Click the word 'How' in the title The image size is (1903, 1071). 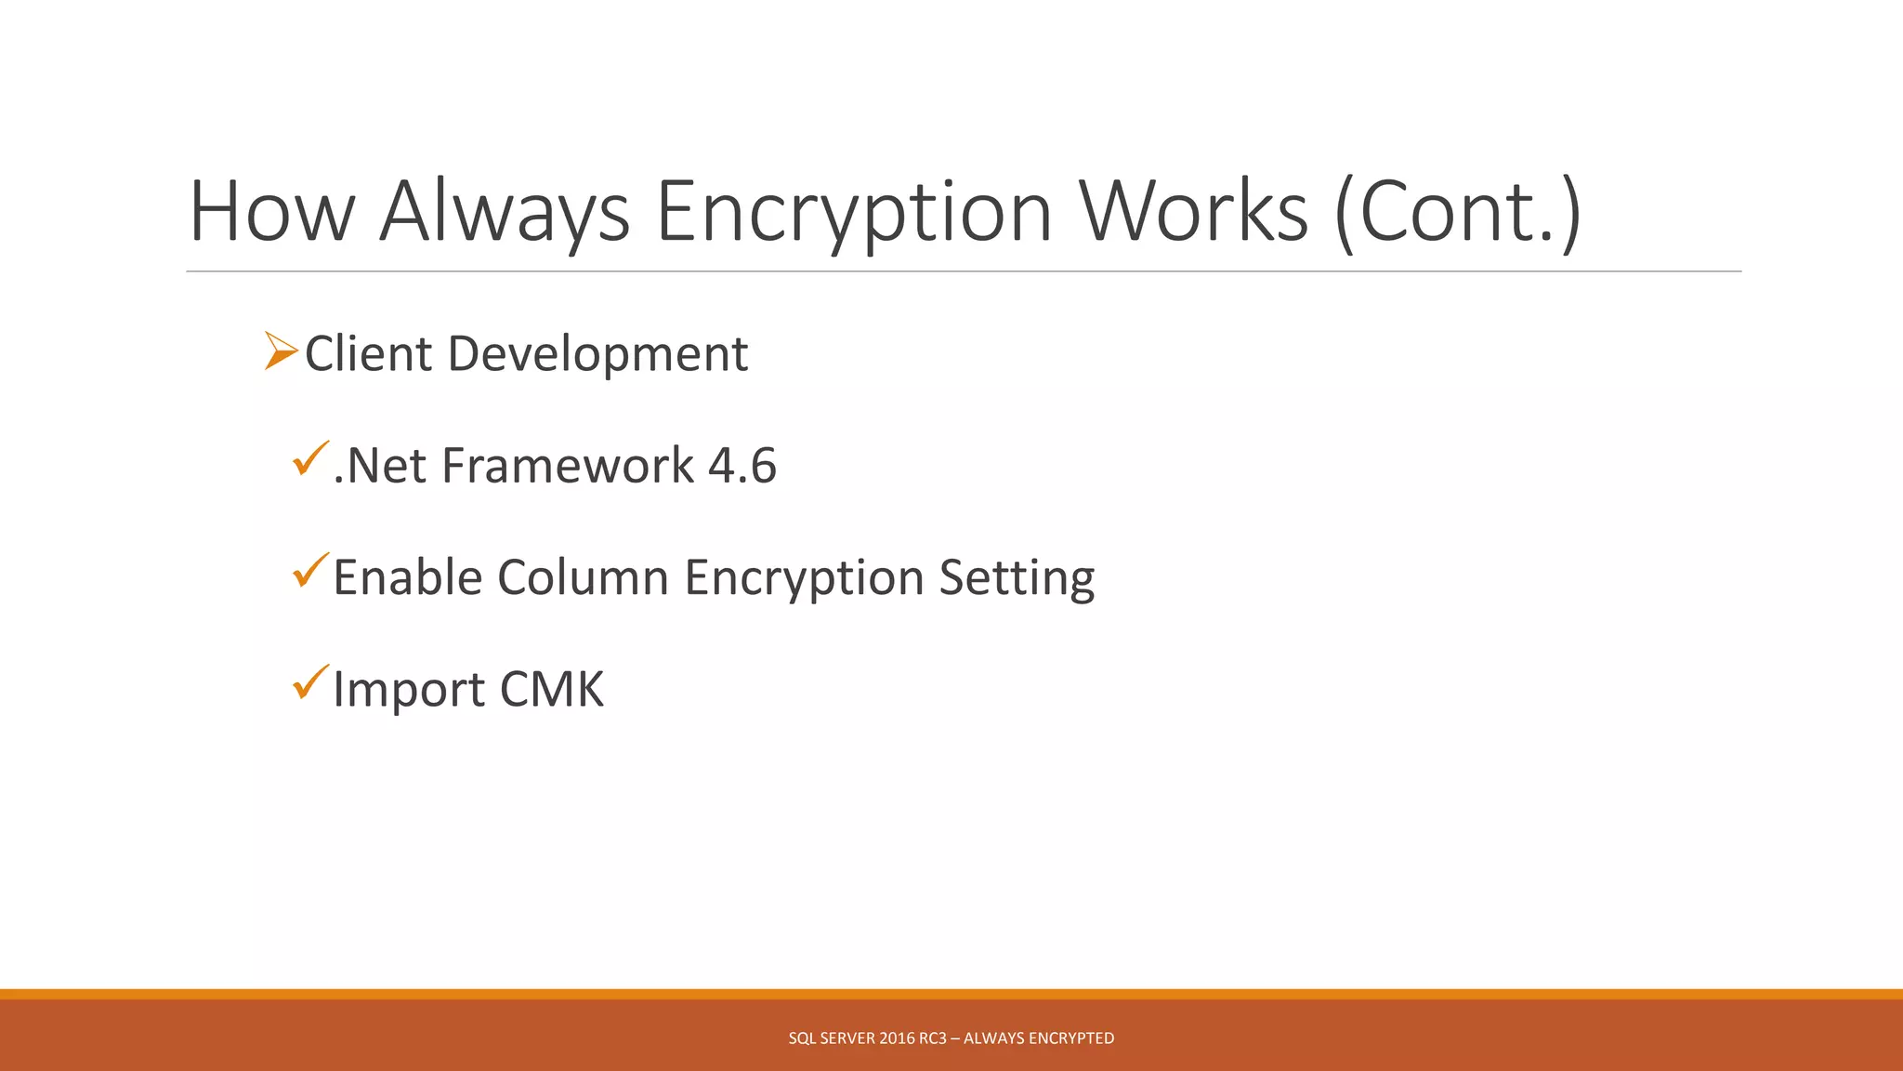tap(271, 212)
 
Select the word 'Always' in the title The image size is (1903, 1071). tap(505, 214)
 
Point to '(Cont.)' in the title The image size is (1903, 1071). tap(1458, 214)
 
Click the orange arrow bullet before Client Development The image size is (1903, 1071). tap(281, 351)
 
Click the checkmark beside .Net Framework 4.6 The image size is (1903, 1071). tap(310, 459)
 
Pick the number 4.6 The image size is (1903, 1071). tap(742, 466)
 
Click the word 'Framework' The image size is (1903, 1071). tap(568, 466)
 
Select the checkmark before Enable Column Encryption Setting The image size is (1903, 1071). tap(310, 571)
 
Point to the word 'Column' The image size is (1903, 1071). tap(583, 577)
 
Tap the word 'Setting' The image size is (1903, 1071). tap(1017, 579)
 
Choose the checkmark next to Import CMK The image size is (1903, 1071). tap(310, 682)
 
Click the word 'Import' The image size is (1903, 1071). tap(409, 691)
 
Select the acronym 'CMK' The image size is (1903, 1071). tap(552, 690)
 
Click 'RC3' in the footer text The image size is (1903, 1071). tap(933, 1038)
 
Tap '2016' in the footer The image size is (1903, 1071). tap(897, 1038)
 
